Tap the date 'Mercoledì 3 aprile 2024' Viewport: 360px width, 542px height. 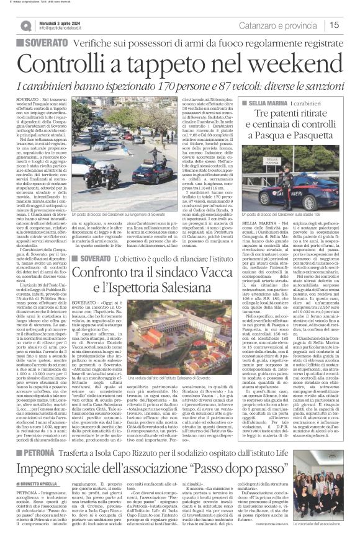68,22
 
